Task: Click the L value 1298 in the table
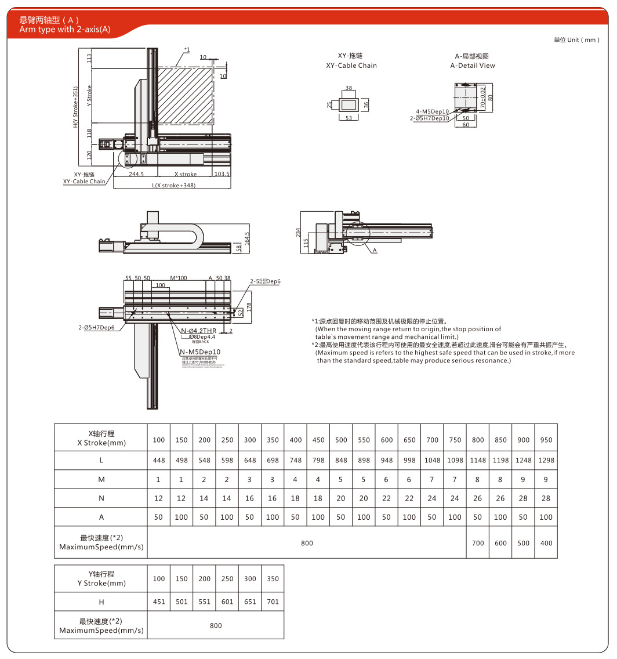pyautogui.click(x=546, y=460)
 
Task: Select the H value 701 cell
pyautogui.click(x=273, y=602)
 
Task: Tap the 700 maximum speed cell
pyautogui.click(x=477, y=543)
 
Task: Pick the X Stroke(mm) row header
pyautogui.click(x=101, y=438)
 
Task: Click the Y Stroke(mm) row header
pyautogui.click(x=101, y=578)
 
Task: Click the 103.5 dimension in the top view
pyautogui.click(x=222, y=174)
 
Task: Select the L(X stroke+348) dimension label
pyautogui.click(x=173, y=186)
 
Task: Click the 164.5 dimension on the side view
pyautogui.click(x=248, y=238)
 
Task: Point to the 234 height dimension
pyautogui.click(x=298, y=232)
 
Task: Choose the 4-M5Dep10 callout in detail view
pyautogui.click(x=432, y=111)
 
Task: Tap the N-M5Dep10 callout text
pyautogui.click(x=200, y=352)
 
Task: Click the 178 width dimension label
pyautogui.click(x=250, y=306)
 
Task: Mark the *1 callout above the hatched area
pyautogui.click(x=186, y=50)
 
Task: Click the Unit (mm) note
pyautogui.click(x=576, y=40)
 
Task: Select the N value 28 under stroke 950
pyautogui.click(x=546, y=498)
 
